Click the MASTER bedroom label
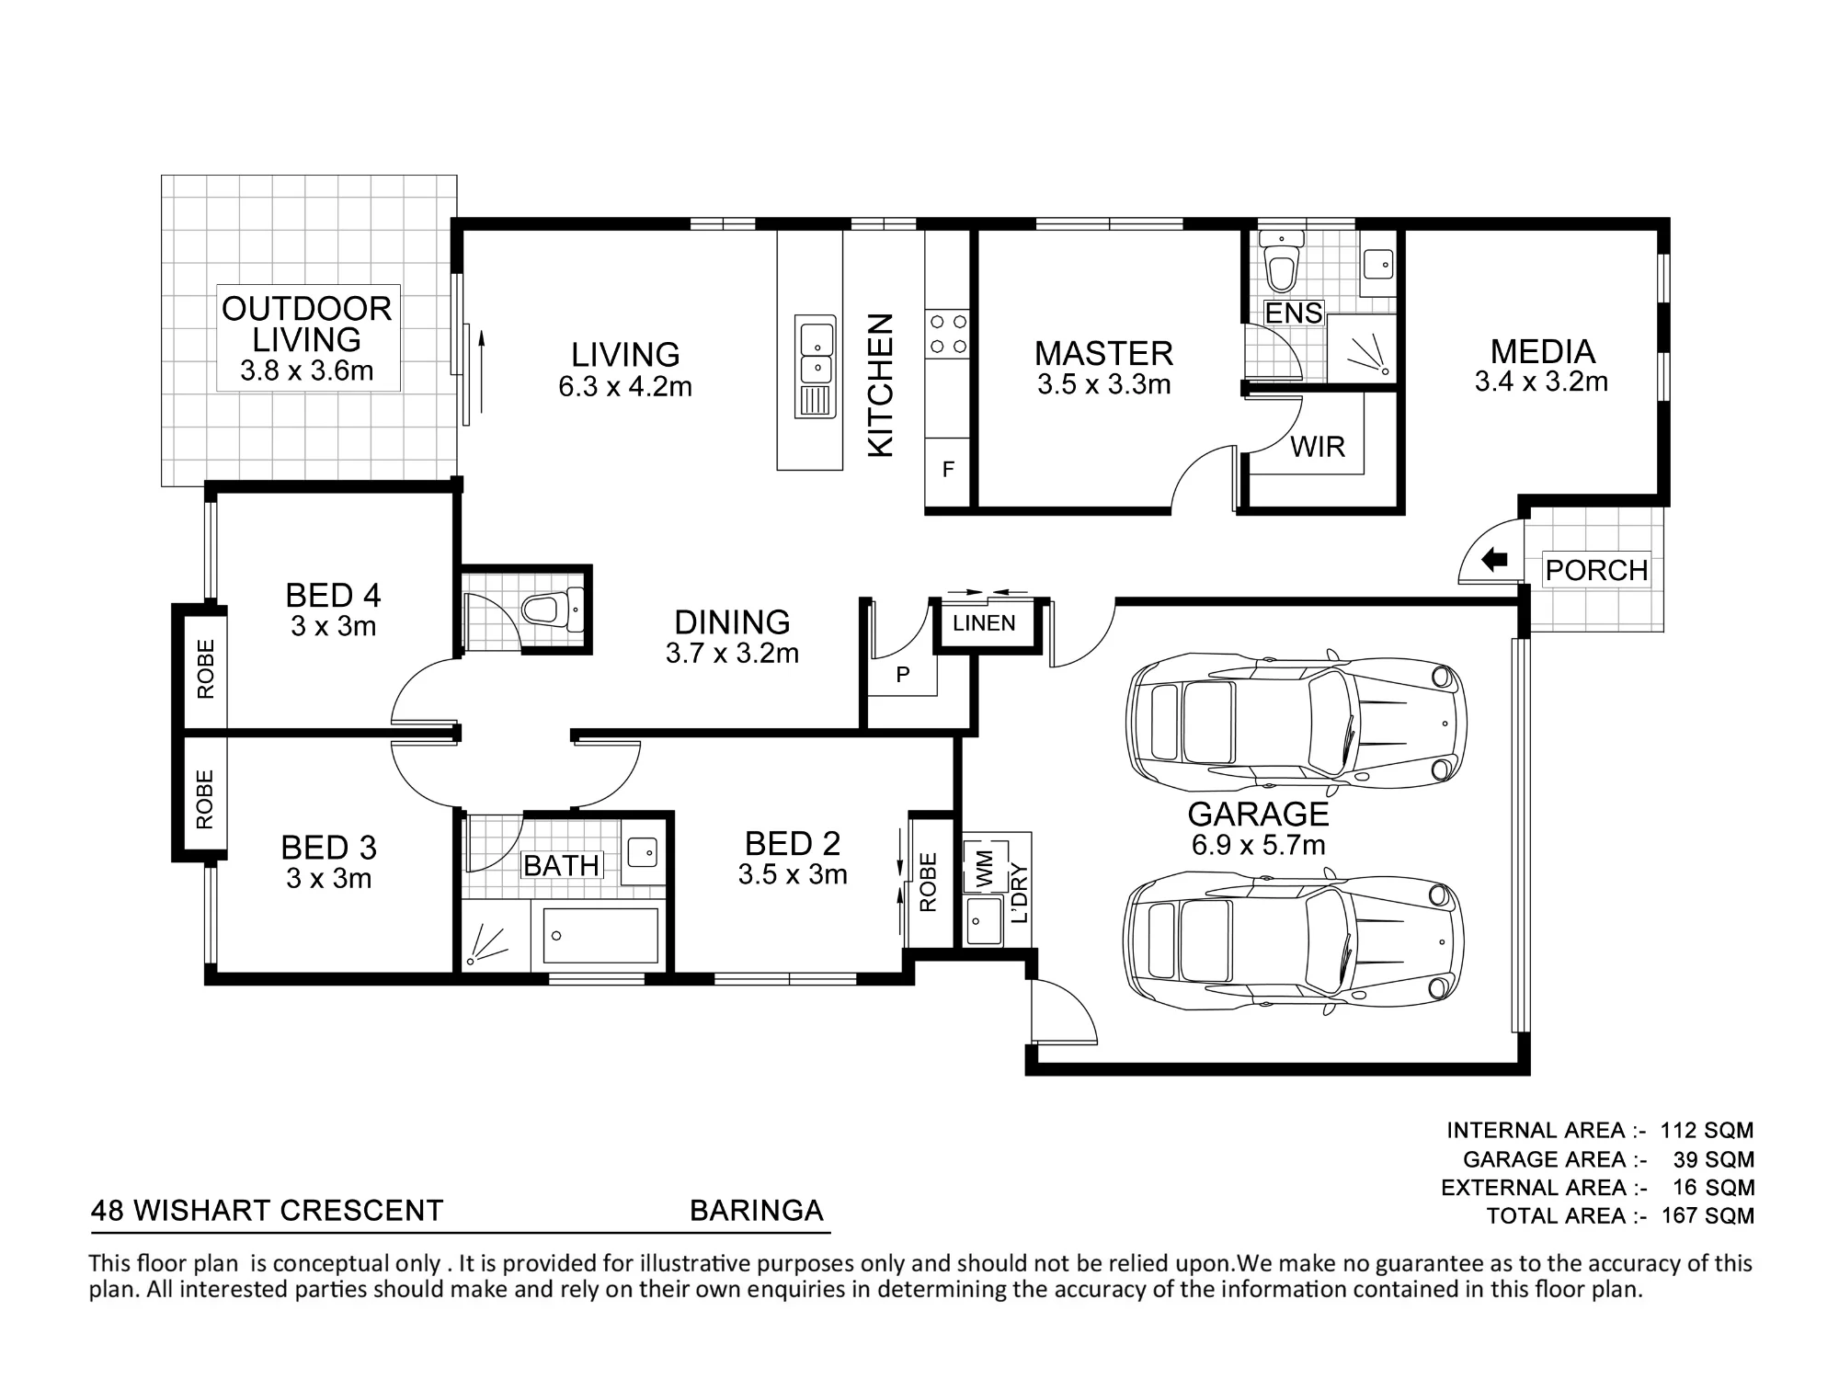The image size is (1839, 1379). click(1103, 353)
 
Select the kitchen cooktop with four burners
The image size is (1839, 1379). click(948, 334)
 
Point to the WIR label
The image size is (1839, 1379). click(1318, 447)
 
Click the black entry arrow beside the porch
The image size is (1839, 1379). click(1495, 559)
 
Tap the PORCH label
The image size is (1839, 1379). click(1596, 570)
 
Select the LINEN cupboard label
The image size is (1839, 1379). click(984, 623)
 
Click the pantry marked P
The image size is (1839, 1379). click(903, 675)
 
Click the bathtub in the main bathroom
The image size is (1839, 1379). click(600, 936)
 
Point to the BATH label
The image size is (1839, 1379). click(562, 865)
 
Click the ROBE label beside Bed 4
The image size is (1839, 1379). click(205, 668)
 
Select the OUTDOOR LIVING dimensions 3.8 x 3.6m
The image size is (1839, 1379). click(307, 370)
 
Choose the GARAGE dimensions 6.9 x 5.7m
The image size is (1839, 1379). click(1259, 844)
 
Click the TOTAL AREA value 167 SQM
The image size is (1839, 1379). click(1708, 1215)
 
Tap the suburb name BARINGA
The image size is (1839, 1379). click(757, 1210)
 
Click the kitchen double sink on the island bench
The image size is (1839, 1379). click(816, 352)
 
